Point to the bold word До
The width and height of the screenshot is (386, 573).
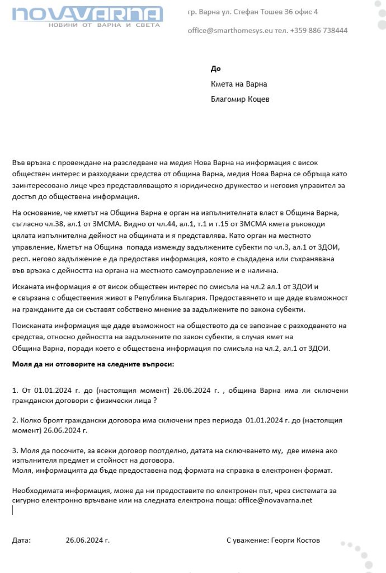[x=216, y=69]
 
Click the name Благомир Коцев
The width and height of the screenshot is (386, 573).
[x=240, y=99]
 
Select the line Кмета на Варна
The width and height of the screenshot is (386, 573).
[x=239, y=84]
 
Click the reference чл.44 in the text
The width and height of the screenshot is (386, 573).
[x=159, y=223]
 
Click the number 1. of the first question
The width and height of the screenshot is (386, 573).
[x=15, y=390]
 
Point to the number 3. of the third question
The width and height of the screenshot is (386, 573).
[x=15, y=450]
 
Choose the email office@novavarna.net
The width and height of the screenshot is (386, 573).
[x=276, y=500]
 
